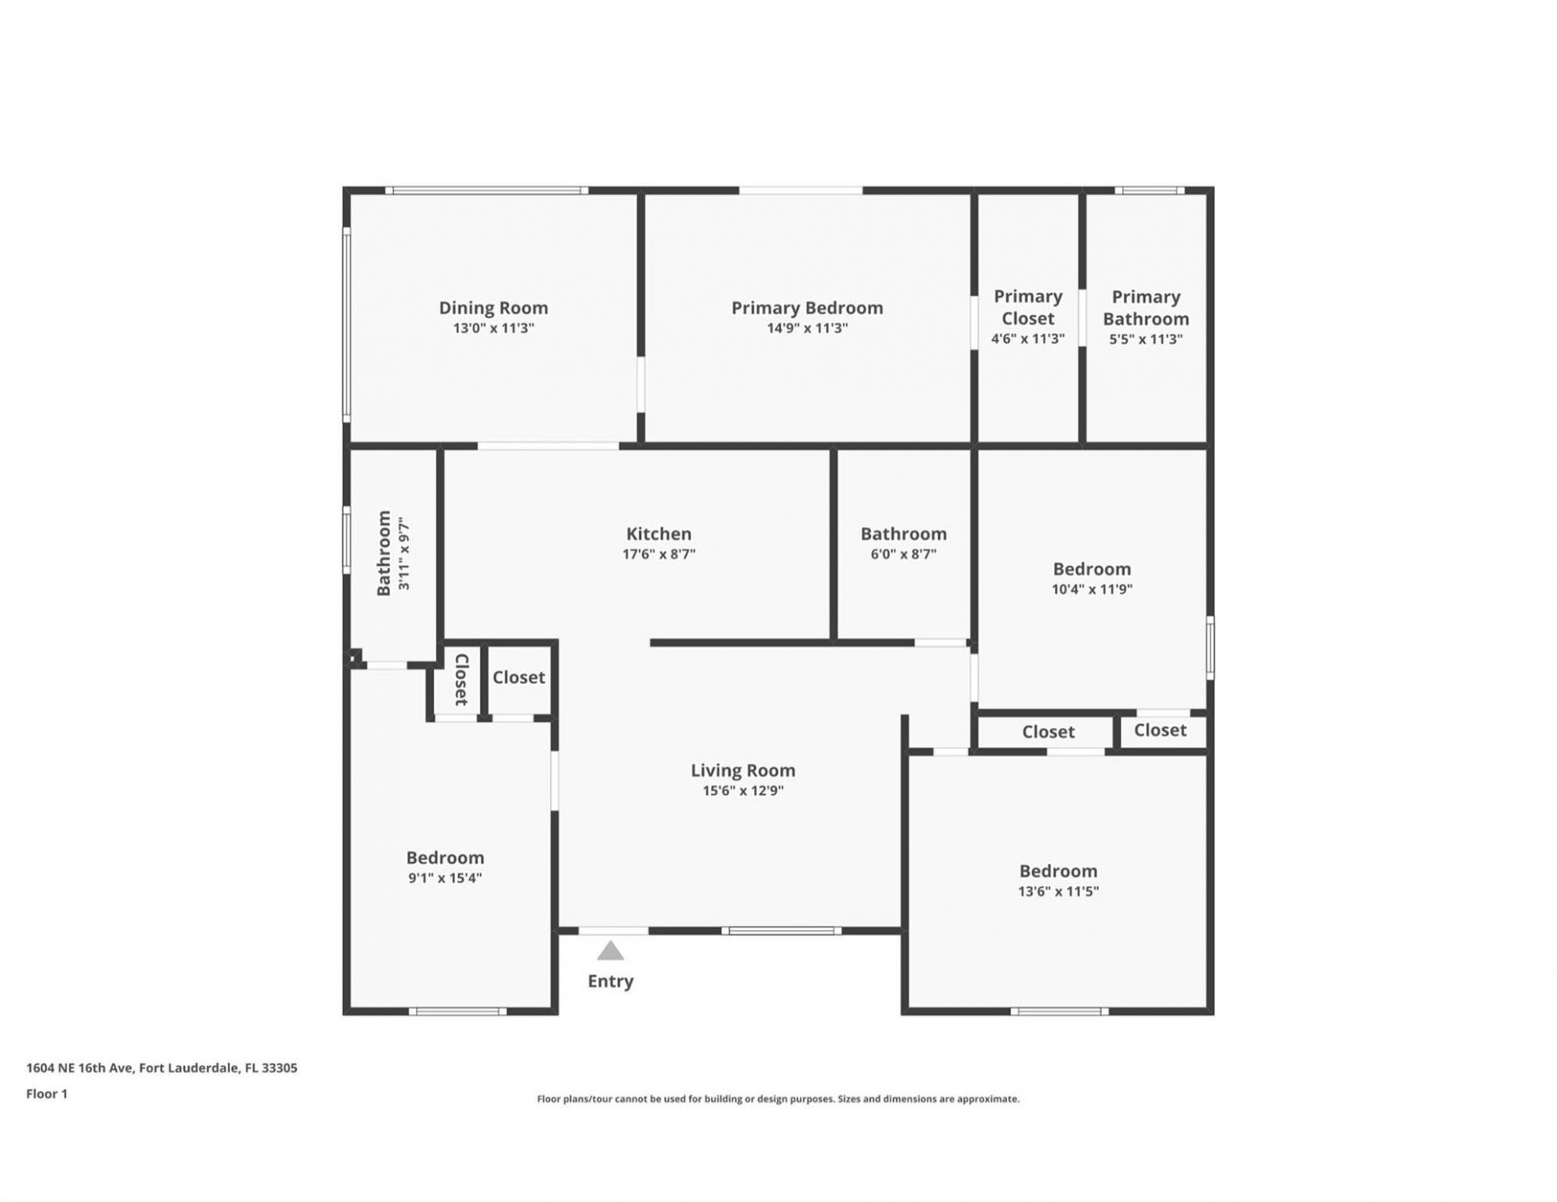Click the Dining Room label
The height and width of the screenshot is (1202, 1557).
pyautogui.click(x=493, y=308)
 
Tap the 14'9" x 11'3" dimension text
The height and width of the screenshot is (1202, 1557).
pyautogui.click(x=807, y=328)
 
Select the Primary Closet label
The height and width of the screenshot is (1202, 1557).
pyautogui.click(x=1027, y=307)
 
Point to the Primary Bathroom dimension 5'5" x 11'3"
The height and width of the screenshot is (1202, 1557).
pyautogui.click(x=1145, y=340)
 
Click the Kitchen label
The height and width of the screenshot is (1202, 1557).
pyautogui.click(x=658, y=533)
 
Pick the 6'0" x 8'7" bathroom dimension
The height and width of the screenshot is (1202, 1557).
pyautogui.click(x=903, y=554)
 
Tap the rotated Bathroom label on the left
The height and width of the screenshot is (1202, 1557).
pyautogui.click(x=384, y=553)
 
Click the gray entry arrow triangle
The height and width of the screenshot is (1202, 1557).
pyautogui.click(x=611, y=951)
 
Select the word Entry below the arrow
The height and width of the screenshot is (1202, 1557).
pyautogui.click(x=610, y=981)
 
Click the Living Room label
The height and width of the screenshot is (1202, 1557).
pyautogui.click(x=743, y=770)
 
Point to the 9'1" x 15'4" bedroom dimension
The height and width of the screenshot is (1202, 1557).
pyautogui.click(x=445, y=878)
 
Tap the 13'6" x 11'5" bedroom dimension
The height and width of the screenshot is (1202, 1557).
pyautogui.click(x=1058, y=892)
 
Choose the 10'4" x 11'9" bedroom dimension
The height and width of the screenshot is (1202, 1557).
pyautogui.click(x=1092, y=589)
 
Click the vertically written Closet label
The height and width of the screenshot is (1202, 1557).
pyautogui.click(x=461, y=679)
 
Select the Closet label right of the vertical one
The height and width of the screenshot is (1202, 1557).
pyautogui.click(x=519, y=677)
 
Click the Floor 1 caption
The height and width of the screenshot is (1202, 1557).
pyautogui.click(x=47, y=1093)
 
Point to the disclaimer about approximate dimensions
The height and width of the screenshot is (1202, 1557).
pyautogui.click(x=778, y=1099)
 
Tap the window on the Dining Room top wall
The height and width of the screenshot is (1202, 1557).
pyautogui.click(x=487, y=190)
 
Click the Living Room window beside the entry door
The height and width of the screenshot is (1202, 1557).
pyautogui.click(x=781, y=930)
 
